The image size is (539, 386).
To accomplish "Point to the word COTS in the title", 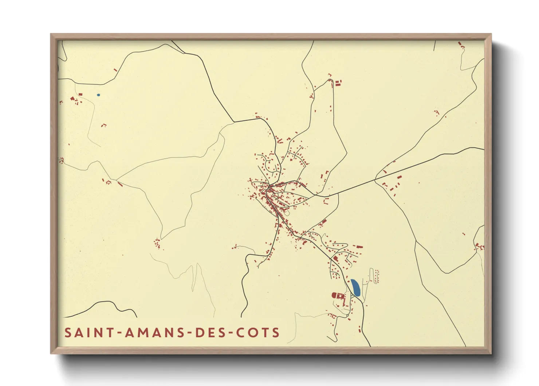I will click(258, 333).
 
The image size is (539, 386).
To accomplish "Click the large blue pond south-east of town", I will click(355, 287).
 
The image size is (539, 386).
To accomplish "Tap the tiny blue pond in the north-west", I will click(98, 95).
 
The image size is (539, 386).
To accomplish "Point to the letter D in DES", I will click(199, 333).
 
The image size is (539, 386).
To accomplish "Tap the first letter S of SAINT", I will click(68, 333).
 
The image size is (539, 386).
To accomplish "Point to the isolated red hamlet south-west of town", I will click(157, 243).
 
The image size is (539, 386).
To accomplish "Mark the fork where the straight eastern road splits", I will click(375, 180).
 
